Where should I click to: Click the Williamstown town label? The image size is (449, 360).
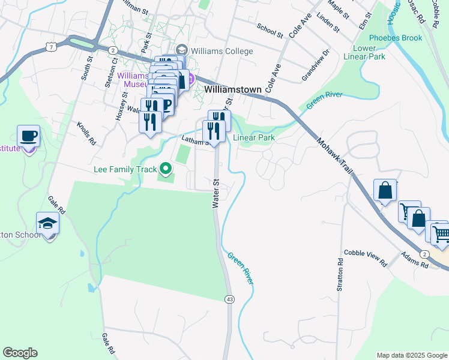point(233,89)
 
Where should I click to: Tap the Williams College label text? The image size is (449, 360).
point(221,51)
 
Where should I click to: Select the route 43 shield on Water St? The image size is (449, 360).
point(229,299)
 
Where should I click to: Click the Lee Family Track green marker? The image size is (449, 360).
point(164,170)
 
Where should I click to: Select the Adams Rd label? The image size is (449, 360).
point(415,259)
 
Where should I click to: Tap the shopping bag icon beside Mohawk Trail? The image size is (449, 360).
point(385,191)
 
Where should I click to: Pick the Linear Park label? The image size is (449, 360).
point(254,137)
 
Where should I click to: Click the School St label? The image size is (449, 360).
point(270,31)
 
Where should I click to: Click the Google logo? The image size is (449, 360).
point(20,353)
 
